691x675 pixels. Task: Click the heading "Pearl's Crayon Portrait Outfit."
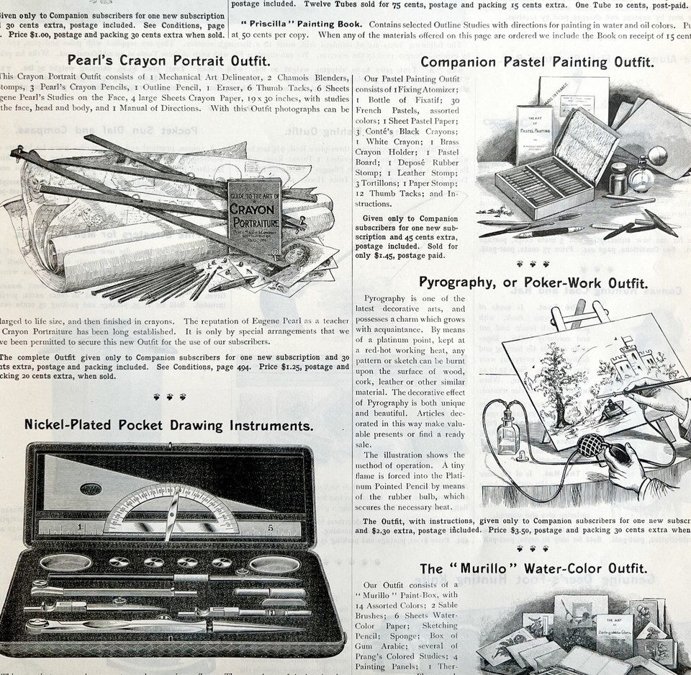[169, 61]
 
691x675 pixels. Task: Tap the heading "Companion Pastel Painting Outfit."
[537, 62]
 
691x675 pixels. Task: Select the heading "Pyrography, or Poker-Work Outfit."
[533, 282]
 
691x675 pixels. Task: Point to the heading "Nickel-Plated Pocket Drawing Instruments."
[169, 425]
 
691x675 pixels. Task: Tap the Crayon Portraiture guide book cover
[254, 209]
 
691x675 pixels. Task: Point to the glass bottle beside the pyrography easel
[508, 433]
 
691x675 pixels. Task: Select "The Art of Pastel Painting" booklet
[533, 133]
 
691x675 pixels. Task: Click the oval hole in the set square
[91, 488]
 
